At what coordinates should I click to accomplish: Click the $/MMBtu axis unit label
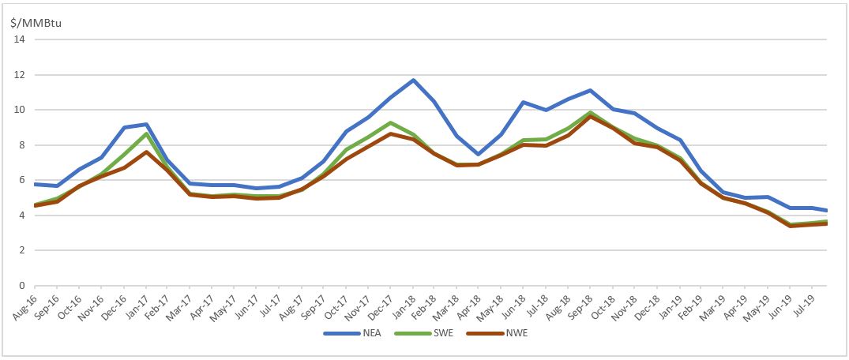pos(36,22)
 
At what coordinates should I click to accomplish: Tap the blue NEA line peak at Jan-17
pos(146,124)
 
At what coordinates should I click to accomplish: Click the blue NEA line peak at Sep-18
pos(592,91)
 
